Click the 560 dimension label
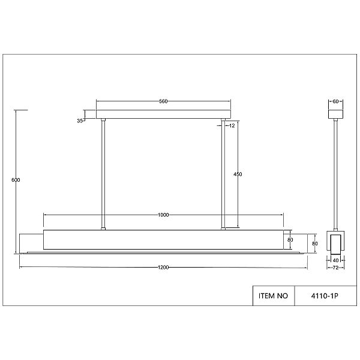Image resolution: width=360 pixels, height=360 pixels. (x=163, y=101)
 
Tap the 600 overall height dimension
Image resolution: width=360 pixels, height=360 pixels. (x=16, y=180)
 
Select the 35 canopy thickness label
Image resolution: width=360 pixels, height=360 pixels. (x=80, y=121)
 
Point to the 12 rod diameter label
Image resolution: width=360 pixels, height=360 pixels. (x=232, y=125)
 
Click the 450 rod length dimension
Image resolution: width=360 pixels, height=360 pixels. (x=238, y=174)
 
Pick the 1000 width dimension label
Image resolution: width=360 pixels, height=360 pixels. (x=163, y=215)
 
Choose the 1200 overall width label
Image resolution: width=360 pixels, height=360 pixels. (x=163, y=267)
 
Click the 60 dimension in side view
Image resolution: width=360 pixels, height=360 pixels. (x=335, y=101)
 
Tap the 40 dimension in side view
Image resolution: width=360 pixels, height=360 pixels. (x=335, y=260)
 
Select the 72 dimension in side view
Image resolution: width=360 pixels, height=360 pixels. (x=335, y=268)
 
